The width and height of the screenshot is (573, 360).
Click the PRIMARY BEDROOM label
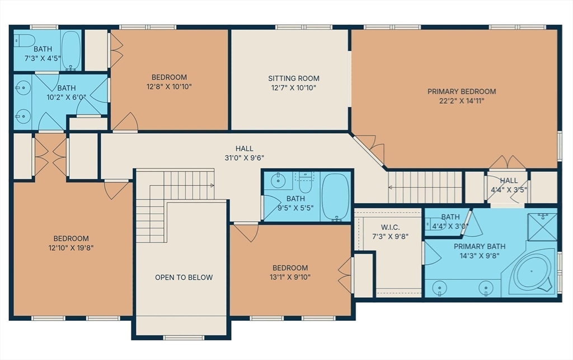pyautogui.click(x=462, y=91)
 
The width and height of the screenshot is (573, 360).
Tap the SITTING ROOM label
pyautogui.click(x=293, y=78)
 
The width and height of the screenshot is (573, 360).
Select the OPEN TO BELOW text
pyautogui.click(x=184, y=277)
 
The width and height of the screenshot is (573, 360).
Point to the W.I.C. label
pyautogui.click(x=390, y=227)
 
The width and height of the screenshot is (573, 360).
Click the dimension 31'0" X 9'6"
pyautogui.click(x=244, y=158)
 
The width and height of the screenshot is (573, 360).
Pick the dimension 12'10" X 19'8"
pyautogui.click(x=71, y=248)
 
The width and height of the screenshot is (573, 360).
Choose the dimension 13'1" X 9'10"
pyautogui.click(x=290, y=277)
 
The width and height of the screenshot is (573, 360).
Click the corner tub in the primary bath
pyautogui.click(x=530, y=272)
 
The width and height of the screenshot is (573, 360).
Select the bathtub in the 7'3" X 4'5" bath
pyautogui.click(x=71, y=50)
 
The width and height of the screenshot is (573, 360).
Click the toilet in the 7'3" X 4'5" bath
pyautogui.click(x=24, y=40)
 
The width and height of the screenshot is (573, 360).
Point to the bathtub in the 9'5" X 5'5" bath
pyautogui.click(x=336, y=197)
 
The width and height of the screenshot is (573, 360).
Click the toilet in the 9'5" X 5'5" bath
pyautogui.click(x=305, y=183)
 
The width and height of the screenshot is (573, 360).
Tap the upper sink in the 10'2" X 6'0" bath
pyautogui.click(x=23, y=88)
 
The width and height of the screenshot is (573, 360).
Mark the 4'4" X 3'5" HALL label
pyautogui.click(x=509, y=180)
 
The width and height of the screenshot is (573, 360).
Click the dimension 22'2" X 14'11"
pyautogui.click(x=462, y=101)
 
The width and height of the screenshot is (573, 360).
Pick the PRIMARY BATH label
pyautogui.click(x=480, y=246)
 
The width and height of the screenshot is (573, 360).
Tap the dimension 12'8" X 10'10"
pyautogui.click(x=169, y=87)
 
